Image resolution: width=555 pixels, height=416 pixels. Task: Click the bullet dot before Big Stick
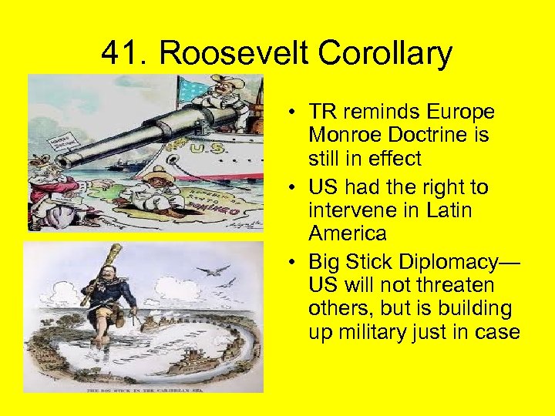[285, 260]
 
